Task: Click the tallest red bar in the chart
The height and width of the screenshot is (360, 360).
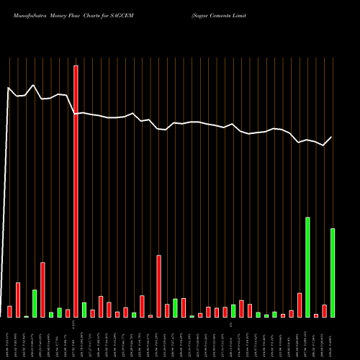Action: point(76,191)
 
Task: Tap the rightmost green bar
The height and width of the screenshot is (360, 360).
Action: point(333,273)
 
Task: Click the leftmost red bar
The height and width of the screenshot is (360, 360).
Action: point(9,312)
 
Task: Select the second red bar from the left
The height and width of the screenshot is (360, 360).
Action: point(18,300)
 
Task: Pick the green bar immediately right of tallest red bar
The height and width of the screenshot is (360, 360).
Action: point(84,310)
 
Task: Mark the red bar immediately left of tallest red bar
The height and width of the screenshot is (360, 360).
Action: point(68,313)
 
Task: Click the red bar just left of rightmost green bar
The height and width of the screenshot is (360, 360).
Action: point(325,311)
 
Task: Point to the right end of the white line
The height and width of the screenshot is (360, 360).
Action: point(332,137)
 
